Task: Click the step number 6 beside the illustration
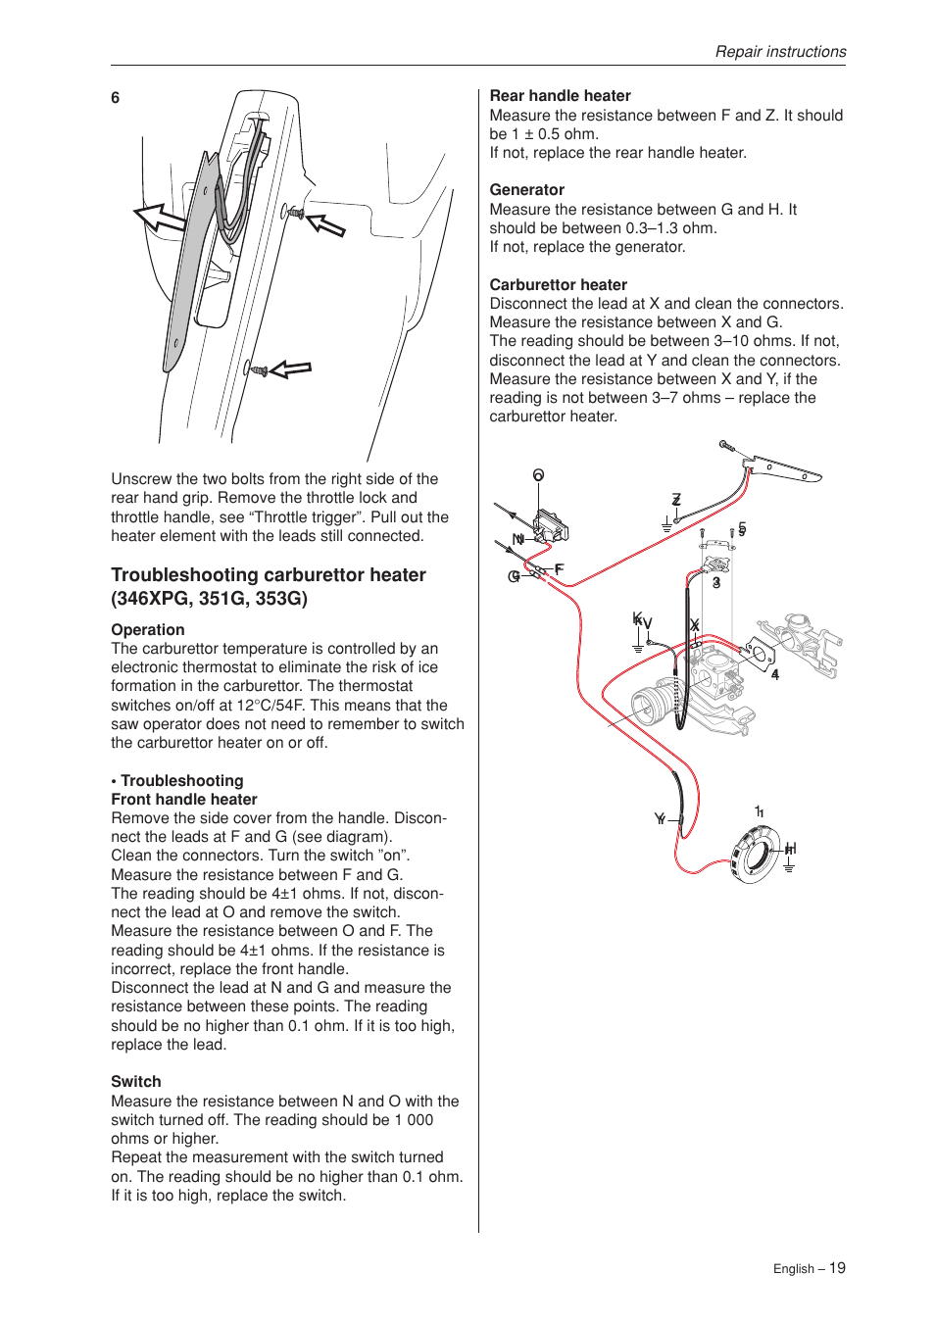pyautogui.click(x=116, y=98)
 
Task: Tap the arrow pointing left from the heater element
pyautogui.click(x=159, y=218)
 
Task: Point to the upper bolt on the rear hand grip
pyautogui.click(x=292, y=212)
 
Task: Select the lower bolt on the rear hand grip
pyautogui.click(x=258, y=370)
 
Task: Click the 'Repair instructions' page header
pyautogui.click(x=780, y=52)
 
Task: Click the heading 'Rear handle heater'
pyautogui.click(x=560, y=96)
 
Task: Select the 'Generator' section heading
pyautogui.click(x=526, y=190)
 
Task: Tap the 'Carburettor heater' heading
pyautogui.click(x=558, y=285)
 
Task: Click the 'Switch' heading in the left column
pyautogui.click(x=135, y=1082)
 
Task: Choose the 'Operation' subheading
pyautogui.click(x=147, y=630)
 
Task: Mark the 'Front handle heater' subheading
pyautogui.click(x=183, y=800)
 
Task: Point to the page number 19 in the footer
pyautogui.click(x=837, y=1268)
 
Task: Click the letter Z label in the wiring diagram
pyautogui.click(x=676, y=500)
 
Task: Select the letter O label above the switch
pyautogui.click(x=538, y=475)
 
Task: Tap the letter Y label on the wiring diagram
pyautogui.click(x=660, y=818)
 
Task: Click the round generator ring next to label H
pyautogui.click(x=756, y=854)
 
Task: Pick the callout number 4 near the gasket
pyautogui.click(x=775, y=674)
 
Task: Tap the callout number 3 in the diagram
pyautogui.click(x=716, y=582)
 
